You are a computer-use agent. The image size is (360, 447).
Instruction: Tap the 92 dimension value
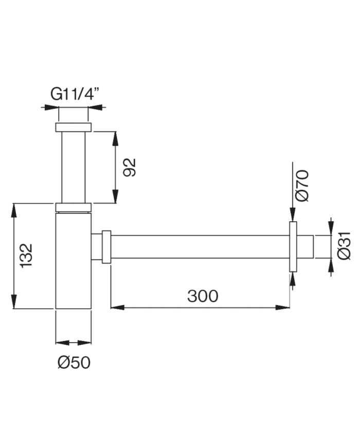click(131, 167)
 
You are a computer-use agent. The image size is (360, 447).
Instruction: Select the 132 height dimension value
click(26, 255)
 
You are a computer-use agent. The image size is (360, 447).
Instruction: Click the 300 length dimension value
click(203, 296)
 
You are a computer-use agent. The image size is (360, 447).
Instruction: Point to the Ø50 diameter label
click(74, 363)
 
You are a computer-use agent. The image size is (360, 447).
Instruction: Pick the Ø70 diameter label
click(302, 185)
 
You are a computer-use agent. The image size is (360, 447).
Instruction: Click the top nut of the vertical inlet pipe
click(73, 128)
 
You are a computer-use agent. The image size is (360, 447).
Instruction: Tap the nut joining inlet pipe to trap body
click(73, 207)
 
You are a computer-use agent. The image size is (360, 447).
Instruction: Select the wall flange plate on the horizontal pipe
click(293, 247)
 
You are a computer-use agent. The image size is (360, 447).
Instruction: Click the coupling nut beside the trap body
click(106, 247)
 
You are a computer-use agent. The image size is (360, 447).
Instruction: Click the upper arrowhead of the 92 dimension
click(115, 137)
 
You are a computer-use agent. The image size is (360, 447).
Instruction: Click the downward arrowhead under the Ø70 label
click(293, 216)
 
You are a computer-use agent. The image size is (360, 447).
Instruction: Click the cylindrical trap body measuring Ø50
click(73, 262)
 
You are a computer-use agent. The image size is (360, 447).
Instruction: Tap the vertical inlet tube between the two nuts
click(73, 167)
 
